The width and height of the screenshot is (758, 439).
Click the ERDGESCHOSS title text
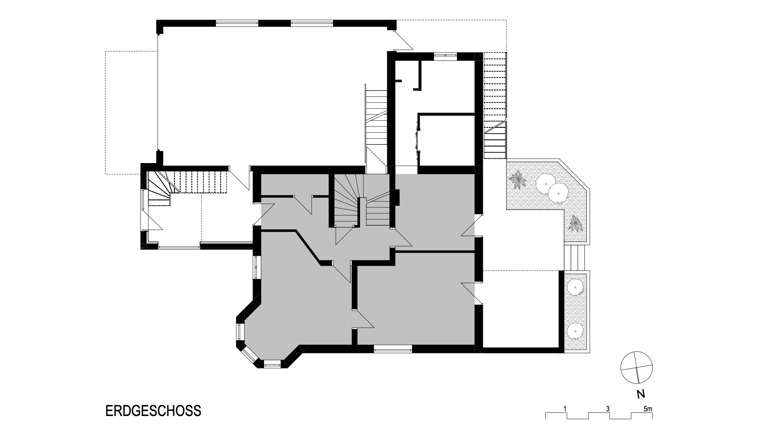153,411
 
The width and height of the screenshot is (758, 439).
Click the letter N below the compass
640,394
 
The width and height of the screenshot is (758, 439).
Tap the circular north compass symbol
637,368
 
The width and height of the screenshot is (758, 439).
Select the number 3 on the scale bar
607,408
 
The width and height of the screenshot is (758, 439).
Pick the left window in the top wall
237,23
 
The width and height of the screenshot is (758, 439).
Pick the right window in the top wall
312,23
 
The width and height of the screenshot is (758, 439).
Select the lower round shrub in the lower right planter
576,331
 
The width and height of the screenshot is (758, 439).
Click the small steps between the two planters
575,257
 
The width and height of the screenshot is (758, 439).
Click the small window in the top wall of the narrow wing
445,55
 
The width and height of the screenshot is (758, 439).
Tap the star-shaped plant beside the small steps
576,224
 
